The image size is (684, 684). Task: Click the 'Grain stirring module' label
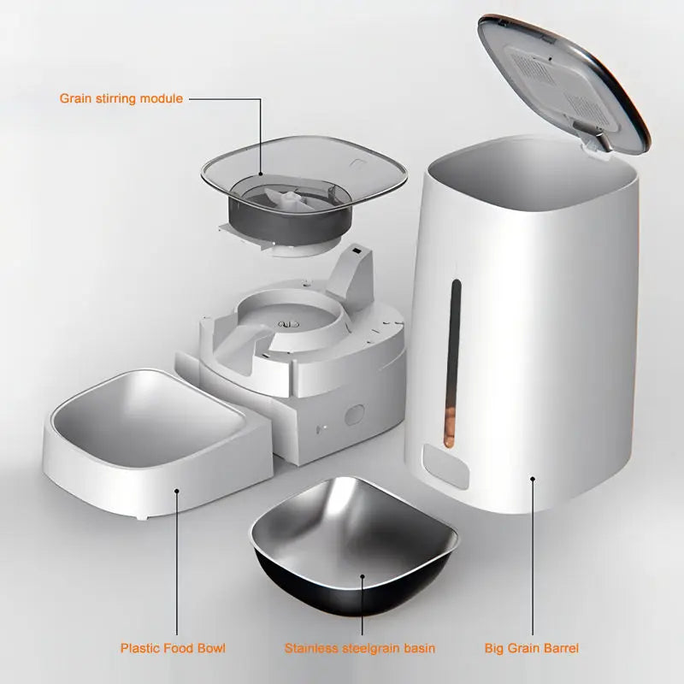point(121,98)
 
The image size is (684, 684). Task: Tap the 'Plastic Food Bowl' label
point(173,648)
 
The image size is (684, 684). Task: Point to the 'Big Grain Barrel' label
point(532,648)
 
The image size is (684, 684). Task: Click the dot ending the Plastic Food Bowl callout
point(177,490)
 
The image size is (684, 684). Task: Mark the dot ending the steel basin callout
point(363,578)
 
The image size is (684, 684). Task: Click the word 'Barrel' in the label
point(560,648)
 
